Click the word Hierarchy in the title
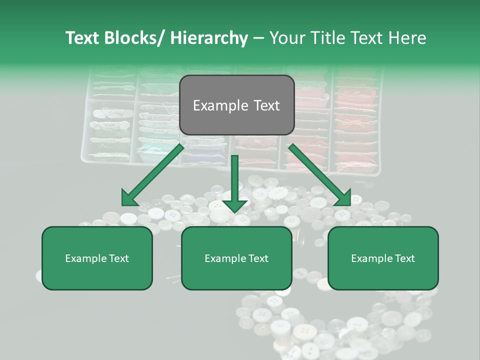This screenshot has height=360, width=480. pos(209,38)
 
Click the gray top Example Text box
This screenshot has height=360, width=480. pos(236,105)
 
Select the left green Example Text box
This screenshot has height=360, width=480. pos(97,258)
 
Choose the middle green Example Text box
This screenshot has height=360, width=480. pos(236,258)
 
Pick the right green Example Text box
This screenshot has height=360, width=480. pos(383,258)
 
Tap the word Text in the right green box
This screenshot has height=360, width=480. pos(404,258)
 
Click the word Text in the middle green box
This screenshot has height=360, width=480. pos(257,258)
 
